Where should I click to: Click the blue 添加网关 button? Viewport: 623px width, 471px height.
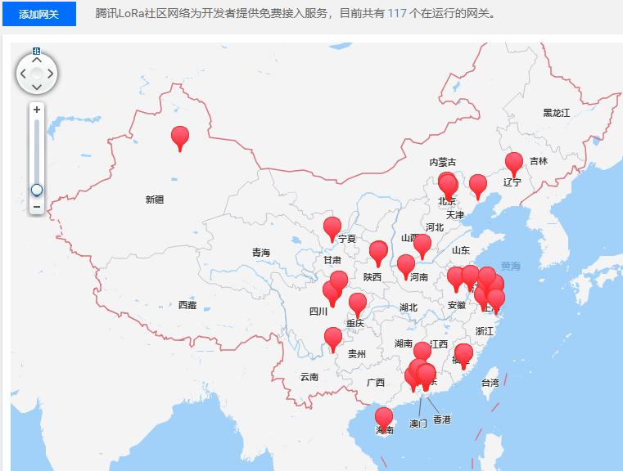pos(38,14)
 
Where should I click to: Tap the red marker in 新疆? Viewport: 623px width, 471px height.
pos(179,137)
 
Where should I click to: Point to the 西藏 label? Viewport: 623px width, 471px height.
pos(187,305)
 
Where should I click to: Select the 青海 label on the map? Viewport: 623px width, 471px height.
pos(260,253)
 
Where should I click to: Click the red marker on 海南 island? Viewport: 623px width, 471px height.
pos(384,418)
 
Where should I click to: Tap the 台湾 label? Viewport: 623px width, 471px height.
pos(489,383)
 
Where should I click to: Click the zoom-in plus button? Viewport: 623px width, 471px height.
pos(37,109)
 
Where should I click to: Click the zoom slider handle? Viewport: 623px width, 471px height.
pos(37,190)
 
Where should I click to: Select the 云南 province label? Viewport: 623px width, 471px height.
pos(309,377)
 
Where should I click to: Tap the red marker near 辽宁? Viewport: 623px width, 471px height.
pos(514,163)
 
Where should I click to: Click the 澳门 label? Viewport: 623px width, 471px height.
pos(418,424)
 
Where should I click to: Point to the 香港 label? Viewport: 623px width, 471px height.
pos(442,419)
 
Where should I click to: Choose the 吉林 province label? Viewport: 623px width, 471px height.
pos(538,161)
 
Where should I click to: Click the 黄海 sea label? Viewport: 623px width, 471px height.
pos(510,266)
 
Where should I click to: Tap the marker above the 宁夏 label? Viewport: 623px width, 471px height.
pos(332,227)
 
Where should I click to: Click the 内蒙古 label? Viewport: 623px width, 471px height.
pos(443,162)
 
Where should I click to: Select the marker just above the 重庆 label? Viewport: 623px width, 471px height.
pos(358,303)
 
